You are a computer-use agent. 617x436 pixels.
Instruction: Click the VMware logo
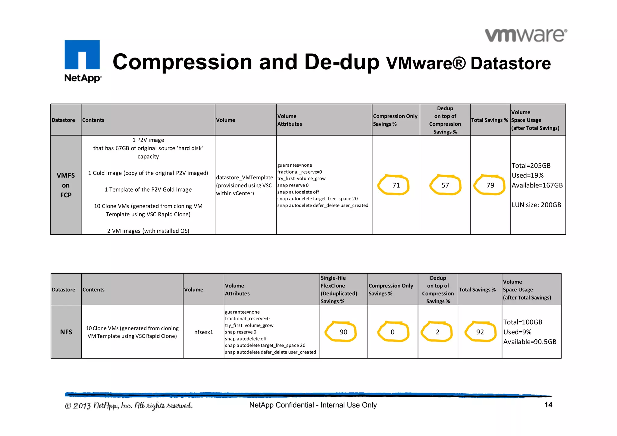[526, 36]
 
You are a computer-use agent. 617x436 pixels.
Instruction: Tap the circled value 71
[396, 185]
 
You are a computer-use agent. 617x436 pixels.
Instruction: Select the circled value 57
[445, 185]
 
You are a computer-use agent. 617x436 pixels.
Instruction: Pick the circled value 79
[490, 185]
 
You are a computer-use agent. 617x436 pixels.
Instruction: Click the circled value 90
[343, 332]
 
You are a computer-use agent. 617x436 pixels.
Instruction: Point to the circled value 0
[392, 332]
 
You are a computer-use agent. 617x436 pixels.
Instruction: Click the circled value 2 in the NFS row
[437, 332]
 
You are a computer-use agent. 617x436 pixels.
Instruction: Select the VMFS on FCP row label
[66, 185]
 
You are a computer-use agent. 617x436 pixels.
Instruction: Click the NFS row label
[66, 332]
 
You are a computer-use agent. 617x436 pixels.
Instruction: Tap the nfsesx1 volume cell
[203, 332]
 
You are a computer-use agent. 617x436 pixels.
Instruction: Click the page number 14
[548, 405]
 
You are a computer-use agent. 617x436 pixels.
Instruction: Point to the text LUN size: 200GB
[536, 205]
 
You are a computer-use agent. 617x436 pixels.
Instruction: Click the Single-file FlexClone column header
[339, 289]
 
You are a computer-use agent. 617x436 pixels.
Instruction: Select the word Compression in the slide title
[182, 62]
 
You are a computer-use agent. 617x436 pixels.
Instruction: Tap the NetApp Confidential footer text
[313, 405]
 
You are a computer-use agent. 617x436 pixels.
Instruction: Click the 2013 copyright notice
[129, 406]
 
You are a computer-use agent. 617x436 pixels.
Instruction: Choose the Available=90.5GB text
[530, 342]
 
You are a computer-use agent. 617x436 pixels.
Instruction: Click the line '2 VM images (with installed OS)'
[148, 231]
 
